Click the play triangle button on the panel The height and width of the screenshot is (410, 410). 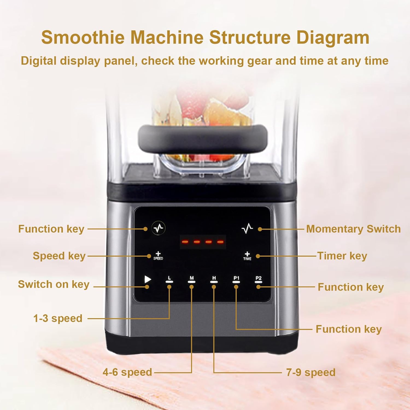click(x=148, y=279)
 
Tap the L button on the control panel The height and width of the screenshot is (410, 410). click(x=169, y=279)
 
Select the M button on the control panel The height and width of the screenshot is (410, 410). click(x=192, y=279)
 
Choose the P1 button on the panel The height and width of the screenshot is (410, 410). click(x=236, y=279)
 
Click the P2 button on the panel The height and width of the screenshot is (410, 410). click(x=258, y=279)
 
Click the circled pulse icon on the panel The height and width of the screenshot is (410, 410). click(x=159, y=228)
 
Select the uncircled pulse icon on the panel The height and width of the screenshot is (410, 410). click(x=247, y=229)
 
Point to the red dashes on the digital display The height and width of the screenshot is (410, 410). click(x=203, y=242)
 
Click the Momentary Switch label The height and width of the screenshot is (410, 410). click(x=353, y=229)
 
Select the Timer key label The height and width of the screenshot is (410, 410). click(x=342, y=256)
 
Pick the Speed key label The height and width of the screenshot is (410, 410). click(x=59, y=256)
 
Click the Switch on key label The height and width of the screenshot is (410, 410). click(x=54, y=285)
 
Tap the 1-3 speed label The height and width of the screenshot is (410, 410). click(x=58, y=318)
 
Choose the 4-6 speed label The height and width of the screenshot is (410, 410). click(x=127, y=372)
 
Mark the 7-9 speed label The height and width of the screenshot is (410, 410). click(x=311, y=373)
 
